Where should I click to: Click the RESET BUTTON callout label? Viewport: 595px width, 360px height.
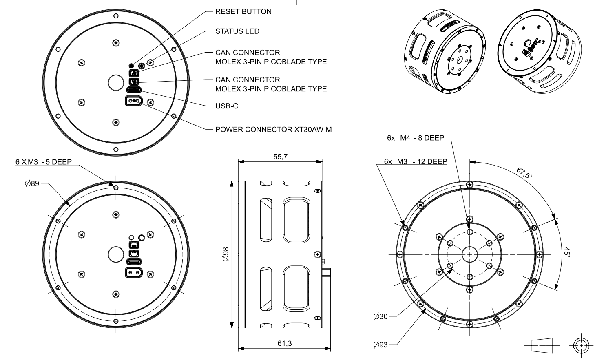(x=243, y=12)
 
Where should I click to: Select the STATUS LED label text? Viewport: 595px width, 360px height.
(x=237, y=31)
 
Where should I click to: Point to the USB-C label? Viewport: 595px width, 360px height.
(x=227, y=106)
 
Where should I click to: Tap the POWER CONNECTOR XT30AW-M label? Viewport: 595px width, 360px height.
(x=273, y=130)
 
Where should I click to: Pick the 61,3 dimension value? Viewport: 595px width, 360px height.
(x=284, y=344)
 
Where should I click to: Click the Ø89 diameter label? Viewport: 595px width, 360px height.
(x=32, y=184)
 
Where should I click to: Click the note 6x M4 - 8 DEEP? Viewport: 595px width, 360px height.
(x=415, y=138)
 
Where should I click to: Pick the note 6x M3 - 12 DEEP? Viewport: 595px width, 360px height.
(x=415, y=161)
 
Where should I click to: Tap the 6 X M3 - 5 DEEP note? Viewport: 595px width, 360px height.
(x=43, y=162)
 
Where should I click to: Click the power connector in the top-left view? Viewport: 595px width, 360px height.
(x=134, y=101)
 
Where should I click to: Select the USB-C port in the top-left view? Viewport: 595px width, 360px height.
(x=134, y=90)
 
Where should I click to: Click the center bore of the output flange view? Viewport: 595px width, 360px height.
(x=469, y=254)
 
